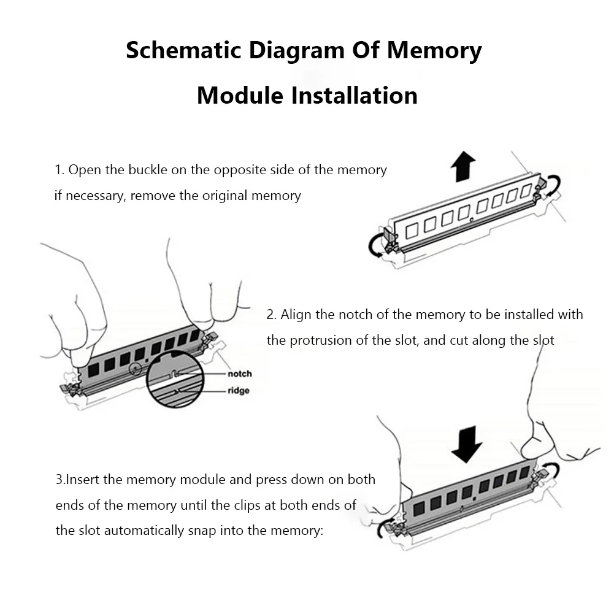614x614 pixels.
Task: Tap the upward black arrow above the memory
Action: coord(462,167)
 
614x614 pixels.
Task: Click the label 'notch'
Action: coord(239,374)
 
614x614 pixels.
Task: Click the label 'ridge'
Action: coord(238,391)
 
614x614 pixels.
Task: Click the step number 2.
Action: coord(271,315)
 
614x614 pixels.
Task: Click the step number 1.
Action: coord(58,170)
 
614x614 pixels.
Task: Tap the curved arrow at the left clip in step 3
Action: coord(387,528)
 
